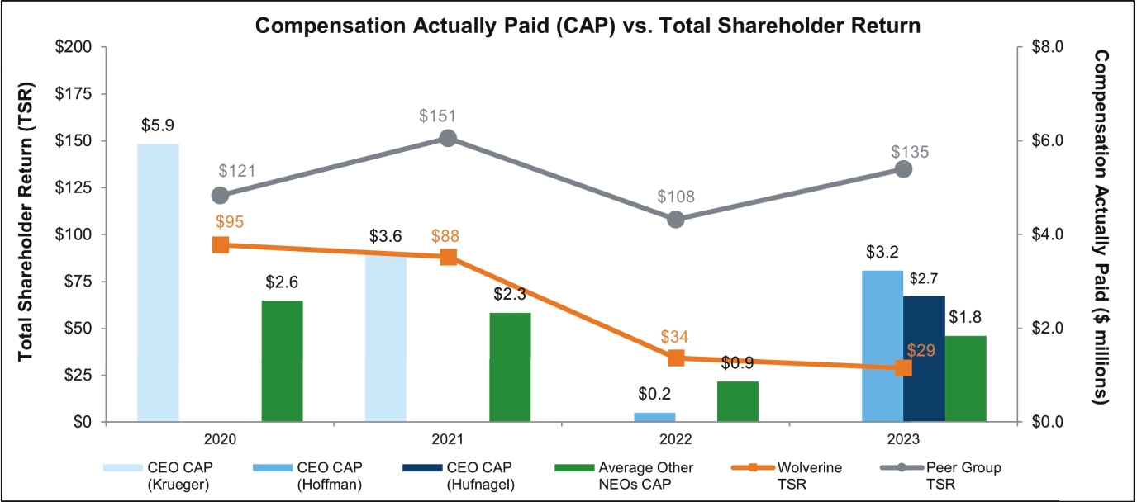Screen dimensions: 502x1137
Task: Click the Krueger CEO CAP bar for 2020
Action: point(158,282)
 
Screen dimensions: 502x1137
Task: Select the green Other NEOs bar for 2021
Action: point(510,367)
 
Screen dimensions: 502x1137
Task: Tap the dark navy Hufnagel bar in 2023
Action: point(924,359)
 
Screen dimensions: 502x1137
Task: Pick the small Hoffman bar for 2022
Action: point(654,417)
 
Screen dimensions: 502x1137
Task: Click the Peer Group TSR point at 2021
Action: point(448,138)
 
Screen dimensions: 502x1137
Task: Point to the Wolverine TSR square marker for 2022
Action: point(676,358)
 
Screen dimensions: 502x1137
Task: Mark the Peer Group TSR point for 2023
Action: point(903,168)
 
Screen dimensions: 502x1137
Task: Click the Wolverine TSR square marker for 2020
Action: point(221,244)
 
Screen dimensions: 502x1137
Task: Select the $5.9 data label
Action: point(157,126)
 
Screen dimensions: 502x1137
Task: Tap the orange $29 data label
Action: point(920,350)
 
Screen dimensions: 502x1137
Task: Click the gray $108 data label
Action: point(676,197)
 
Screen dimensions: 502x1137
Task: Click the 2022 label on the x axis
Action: point(676,438)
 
